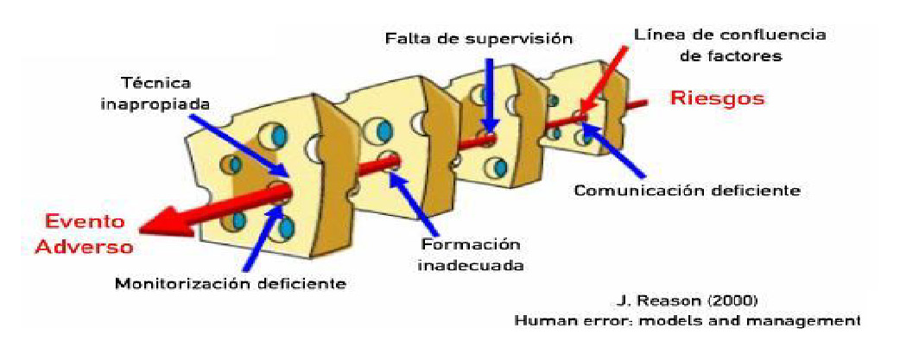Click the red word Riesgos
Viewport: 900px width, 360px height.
tap(718, 98)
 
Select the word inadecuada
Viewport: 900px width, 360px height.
tap(470, 264)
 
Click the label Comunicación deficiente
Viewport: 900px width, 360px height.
tap(688, 188)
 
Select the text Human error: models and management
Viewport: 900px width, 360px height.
tap(687, 320)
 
